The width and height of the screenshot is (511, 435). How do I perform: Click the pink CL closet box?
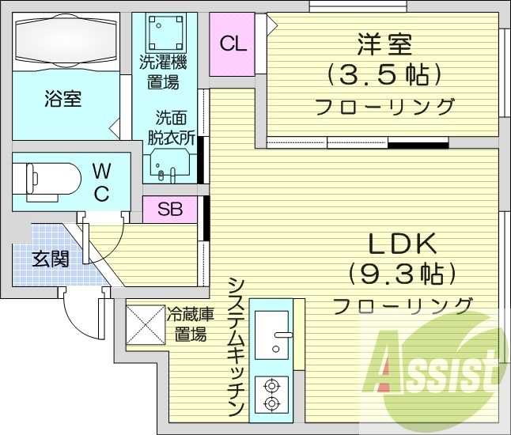pos(232,45)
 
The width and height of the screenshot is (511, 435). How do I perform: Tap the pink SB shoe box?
pos(168,210)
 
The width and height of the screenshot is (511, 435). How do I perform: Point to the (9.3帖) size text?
pos(402,274)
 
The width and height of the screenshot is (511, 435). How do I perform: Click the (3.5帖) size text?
pos(384,75)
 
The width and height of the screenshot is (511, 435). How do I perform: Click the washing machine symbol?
pos(165,32)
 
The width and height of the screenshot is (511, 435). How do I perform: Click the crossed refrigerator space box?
pos(146,325)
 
